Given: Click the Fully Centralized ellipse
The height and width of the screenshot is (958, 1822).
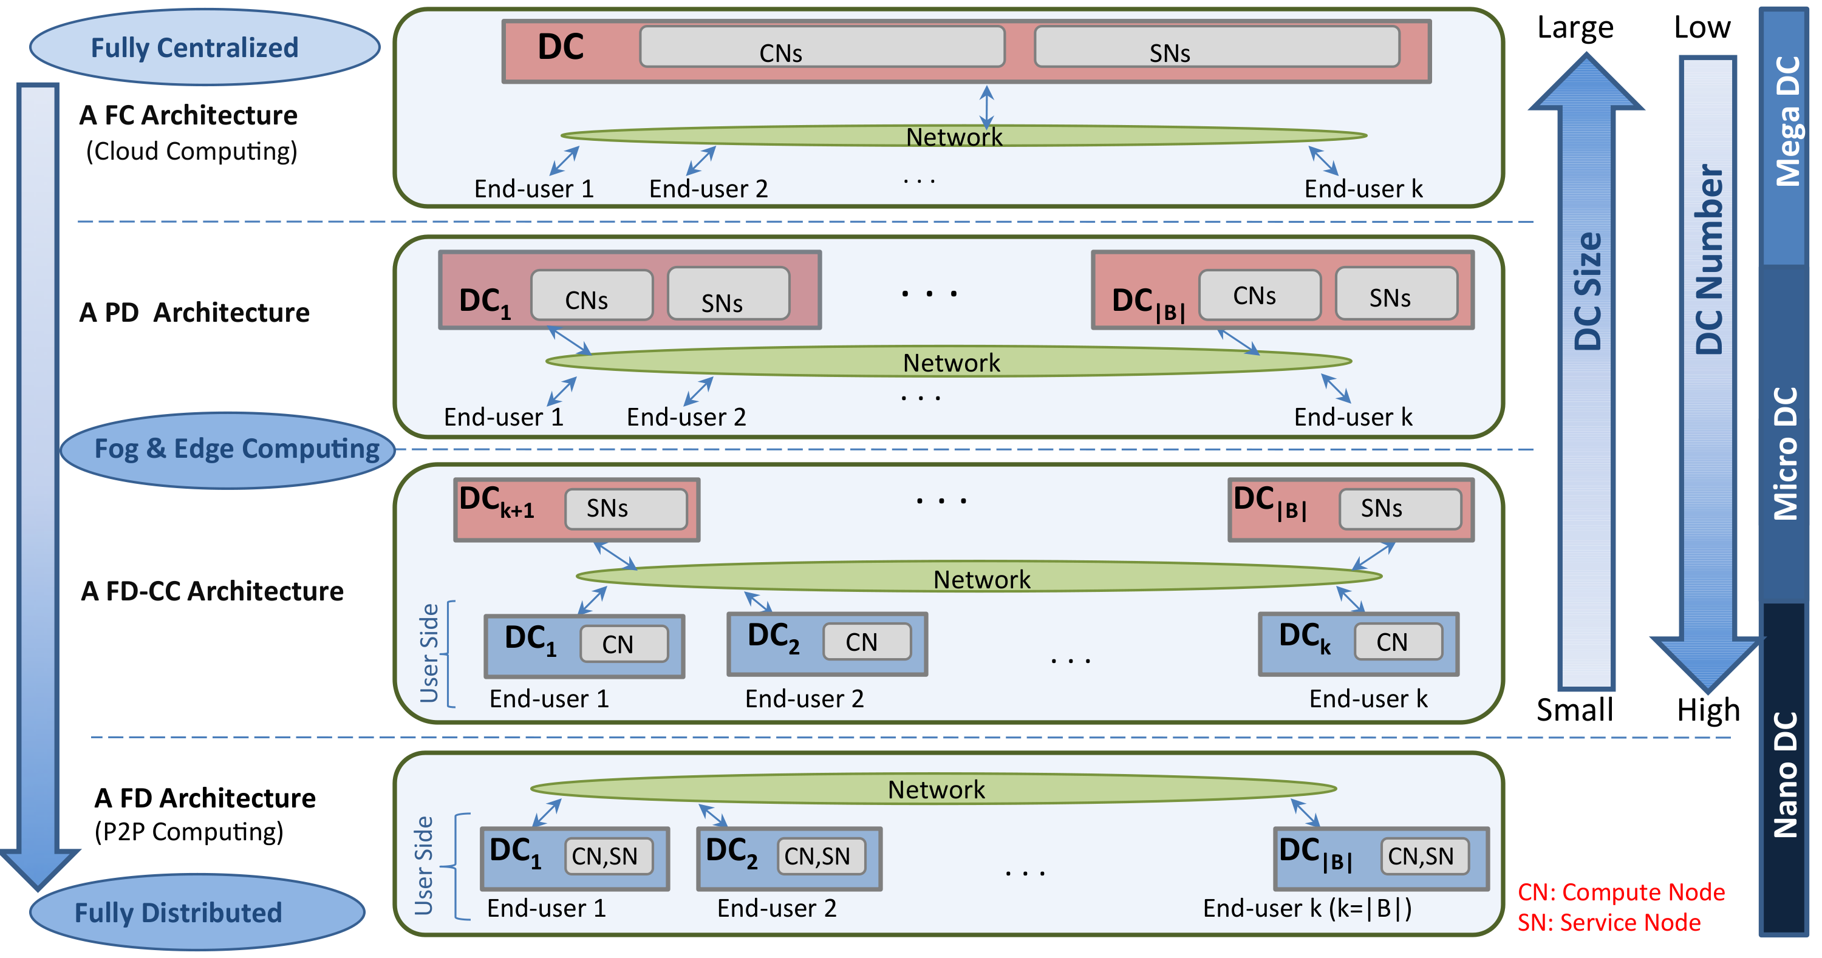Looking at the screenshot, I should [205, 47].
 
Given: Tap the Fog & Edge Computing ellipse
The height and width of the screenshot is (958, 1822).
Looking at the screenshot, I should [228, 450].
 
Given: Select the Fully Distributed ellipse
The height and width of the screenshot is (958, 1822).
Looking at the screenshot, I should [197, 912].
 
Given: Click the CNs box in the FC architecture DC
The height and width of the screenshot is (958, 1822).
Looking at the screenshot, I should [822, 47].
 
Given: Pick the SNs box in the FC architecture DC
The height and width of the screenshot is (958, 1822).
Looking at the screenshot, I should [1216, 47].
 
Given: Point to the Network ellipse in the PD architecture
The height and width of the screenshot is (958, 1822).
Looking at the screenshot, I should [949, 362].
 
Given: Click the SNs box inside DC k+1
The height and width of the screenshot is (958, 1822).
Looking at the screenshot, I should [626, 508].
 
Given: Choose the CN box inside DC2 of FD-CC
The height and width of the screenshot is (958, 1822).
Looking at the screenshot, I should [867, 641].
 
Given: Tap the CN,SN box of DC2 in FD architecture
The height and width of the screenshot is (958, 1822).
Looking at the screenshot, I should [821, 856].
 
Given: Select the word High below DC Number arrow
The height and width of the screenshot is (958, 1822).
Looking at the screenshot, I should [1707, 710].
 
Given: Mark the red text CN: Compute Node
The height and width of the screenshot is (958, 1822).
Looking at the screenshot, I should [1620, 892].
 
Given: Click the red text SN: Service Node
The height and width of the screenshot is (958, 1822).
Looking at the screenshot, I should [1608, 923].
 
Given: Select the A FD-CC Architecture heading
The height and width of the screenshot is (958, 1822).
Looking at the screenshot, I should [212, 591].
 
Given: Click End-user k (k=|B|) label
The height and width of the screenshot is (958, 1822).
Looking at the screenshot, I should [1307, 908].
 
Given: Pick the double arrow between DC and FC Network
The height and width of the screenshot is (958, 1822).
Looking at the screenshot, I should [987, 106].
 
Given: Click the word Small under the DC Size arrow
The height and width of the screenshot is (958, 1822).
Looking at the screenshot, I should [1574, 710].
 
